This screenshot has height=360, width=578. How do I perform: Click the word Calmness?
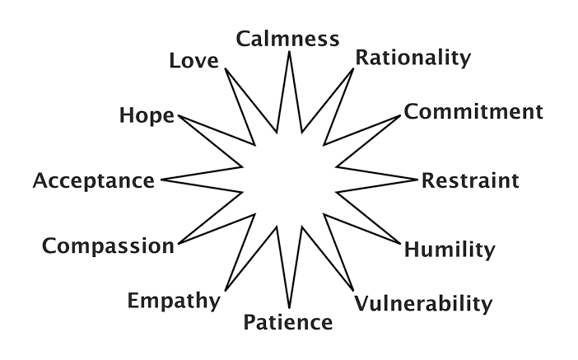coord(287,39)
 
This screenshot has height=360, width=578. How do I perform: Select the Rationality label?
coord(413,58)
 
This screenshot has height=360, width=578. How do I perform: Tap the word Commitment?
coord(473,112)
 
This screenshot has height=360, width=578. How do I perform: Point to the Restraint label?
coord(470,180)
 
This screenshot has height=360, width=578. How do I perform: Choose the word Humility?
coord(450,249)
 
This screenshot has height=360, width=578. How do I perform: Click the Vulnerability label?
coord(422,303)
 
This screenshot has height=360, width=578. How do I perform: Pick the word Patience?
coord(288,321)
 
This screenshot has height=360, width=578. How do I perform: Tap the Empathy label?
coord(174,300)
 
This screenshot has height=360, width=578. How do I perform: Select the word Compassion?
coord(108,245)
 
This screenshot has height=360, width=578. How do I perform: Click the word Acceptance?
coord(93,180)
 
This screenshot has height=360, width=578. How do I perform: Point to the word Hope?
coord(147,115)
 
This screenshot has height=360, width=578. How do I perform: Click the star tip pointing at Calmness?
coord(289,53)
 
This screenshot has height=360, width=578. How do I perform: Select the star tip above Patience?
coord(289,306)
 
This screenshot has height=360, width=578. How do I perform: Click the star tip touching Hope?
coord(177,116)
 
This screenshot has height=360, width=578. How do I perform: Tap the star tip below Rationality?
coord(353,69)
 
